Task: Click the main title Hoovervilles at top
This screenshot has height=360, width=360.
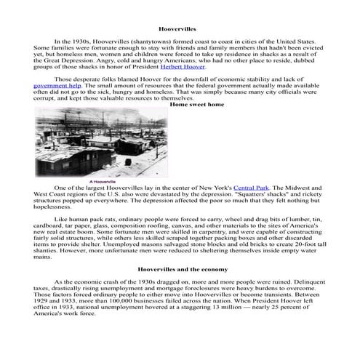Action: point(180,28)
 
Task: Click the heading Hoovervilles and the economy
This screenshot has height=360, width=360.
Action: point(180,268)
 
